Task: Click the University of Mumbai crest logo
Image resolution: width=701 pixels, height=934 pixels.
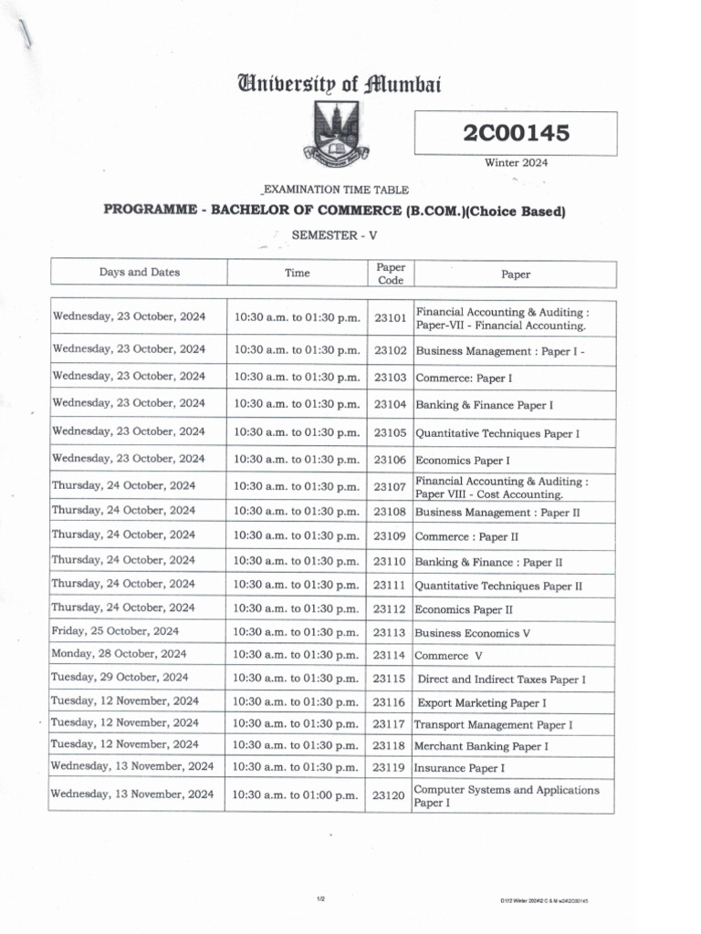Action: coord(337,133)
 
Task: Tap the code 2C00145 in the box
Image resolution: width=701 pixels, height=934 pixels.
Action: coord(516,133)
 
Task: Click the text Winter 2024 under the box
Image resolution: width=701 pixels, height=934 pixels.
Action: coord(516,163)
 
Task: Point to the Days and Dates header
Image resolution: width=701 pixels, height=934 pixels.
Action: coord(140,272)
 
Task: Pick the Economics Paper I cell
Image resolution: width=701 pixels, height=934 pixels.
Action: coord(462,461)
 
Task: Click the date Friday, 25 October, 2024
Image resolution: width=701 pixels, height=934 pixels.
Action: coord(115,630)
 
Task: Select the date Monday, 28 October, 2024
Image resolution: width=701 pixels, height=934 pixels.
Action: coord(119,654)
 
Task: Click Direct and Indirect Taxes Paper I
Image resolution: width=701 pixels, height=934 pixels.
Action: coord(501,680)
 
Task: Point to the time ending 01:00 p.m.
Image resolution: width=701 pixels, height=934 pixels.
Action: coord(297,795)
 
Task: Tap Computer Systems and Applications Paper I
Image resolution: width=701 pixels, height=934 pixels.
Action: coord(507,796)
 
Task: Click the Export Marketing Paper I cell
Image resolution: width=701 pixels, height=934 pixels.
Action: coord(482,703)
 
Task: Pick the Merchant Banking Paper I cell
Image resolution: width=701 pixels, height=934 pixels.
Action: coord(481,746)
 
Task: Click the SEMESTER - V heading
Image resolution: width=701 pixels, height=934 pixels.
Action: coord(334,235)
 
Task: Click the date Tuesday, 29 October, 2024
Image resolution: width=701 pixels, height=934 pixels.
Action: coord(120,678)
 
